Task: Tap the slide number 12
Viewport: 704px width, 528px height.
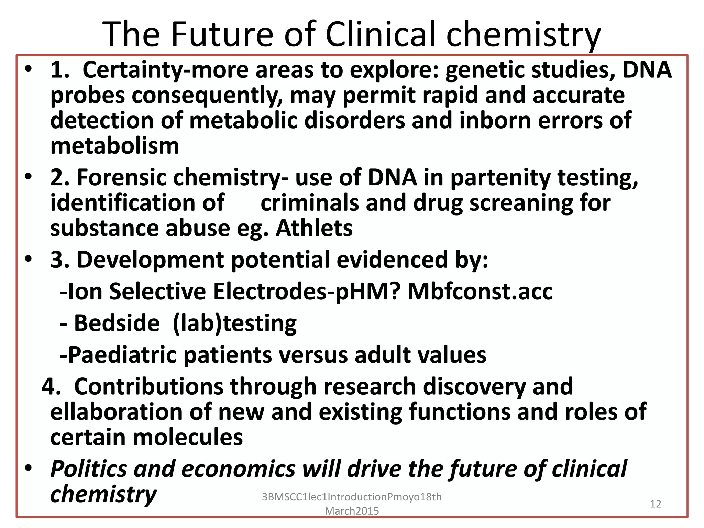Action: (x=656, y=504)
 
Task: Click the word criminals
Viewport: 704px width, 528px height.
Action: (x=310, y=203)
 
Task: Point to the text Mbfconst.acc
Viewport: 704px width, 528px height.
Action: (x=480, y=291)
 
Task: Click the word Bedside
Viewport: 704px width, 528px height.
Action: (x=117, y=323)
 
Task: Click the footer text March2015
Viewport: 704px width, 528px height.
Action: (x=352, y=511)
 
